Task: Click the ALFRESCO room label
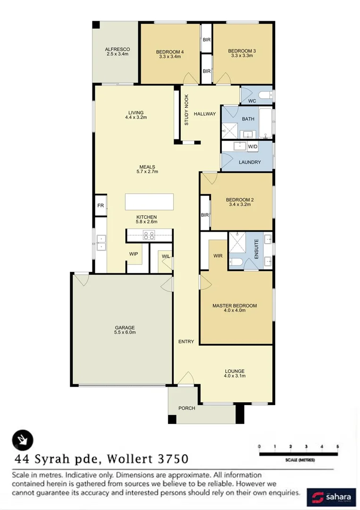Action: (x=117, y=49)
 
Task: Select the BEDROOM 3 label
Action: (x=242, y=51)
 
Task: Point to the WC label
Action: (x=251, y=101)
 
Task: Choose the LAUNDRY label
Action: (x=250, y=162)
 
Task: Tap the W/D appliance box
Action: (x=252, y=146)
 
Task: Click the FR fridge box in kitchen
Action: (x=100, y=206)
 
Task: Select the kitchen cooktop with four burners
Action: (x=149, y=235)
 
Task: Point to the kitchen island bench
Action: (x=149, y=202)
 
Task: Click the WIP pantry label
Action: (x=134, y=254)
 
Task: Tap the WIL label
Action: (x=166, y=256)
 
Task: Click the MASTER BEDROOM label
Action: (x=234, y=306)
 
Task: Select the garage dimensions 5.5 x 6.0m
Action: (x=125, y=332)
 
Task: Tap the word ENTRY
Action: (x=186, y=342)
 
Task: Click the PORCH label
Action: (x=186, y=408)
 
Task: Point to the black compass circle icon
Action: (x=23, y=441)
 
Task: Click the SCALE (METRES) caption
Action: (x=300, y=459)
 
